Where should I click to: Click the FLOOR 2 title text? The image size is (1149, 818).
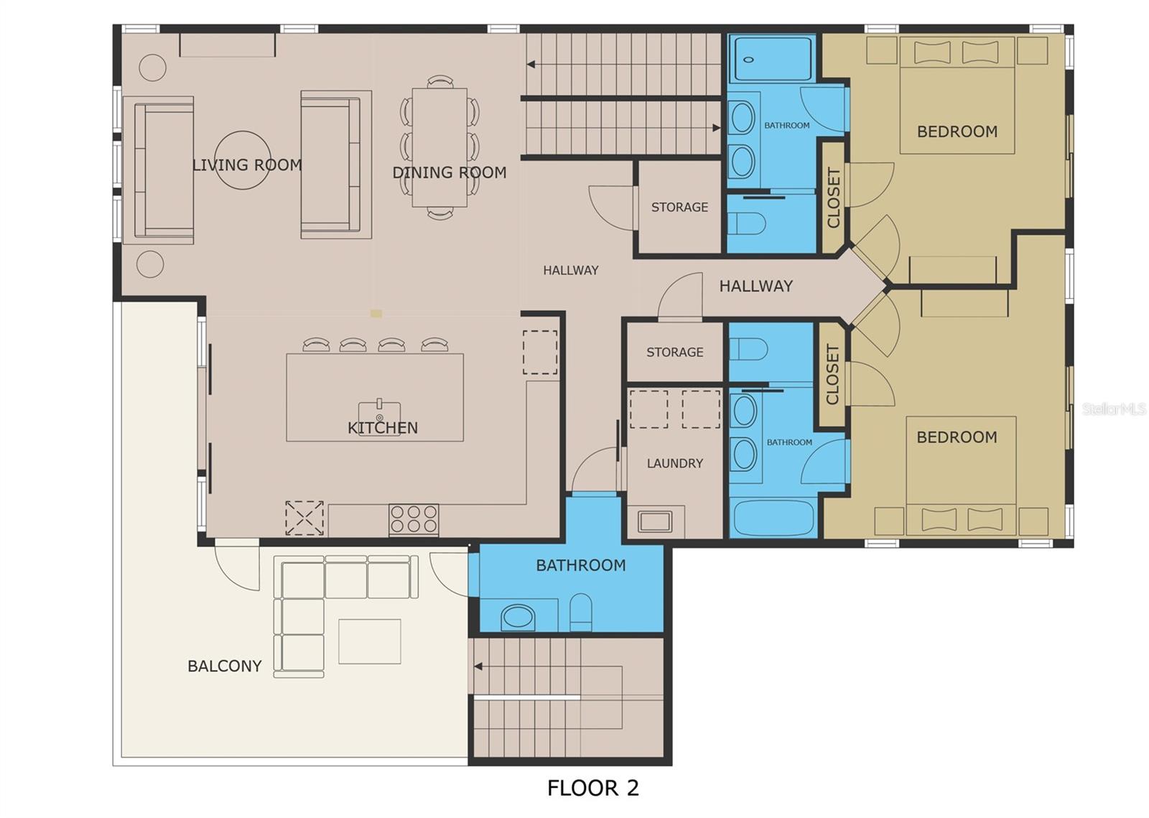pyautogui.click(x=593, y=788)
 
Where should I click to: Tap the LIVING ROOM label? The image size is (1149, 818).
pyautogui.click(x=247, y=165)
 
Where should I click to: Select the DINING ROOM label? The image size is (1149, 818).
pyautogui.click(x=450, y=172)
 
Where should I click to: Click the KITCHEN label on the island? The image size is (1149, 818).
pyautogui.click(x=383, y=428)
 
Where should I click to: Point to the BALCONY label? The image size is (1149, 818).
pyautogui.click(x=225, y=666)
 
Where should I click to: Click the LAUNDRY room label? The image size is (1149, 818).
pyautogui.click(x=674, y=464)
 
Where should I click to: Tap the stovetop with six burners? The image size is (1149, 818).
pyautogui.click(x=414, y=519)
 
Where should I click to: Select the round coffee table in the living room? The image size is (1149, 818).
pyautogui.click(x=242, y=160)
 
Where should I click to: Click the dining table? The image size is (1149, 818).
pyautogui.click(x=439, y=148)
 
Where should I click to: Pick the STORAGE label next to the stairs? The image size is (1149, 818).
pyautogui.click(x=679, y=207)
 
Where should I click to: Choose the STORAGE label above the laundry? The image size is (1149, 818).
pyautogui.click(x=674, y=353)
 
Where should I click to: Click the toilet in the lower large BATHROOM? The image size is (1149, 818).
pyautogui.click(x=581, y=612)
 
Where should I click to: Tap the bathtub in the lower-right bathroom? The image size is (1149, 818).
pyautogui.click(x=773, y=518)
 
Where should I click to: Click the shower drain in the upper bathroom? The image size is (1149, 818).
pyautogui.click(x=748, y=60)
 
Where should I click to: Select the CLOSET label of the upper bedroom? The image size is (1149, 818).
pyautogui.click(x=834, y=197)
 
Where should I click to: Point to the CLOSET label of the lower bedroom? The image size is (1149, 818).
pyautogui.click(x=832, y=374)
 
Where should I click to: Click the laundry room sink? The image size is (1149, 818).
pyautogui.click(x=655, y=521)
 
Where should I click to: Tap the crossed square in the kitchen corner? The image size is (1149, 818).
pyautogui.click(x=304, y=518)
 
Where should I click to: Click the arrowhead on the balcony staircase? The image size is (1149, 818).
pyautogui.click(x=478, y=666)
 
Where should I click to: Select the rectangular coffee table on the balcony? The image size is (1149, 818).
pyautogui.click(x=369, y=641)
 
